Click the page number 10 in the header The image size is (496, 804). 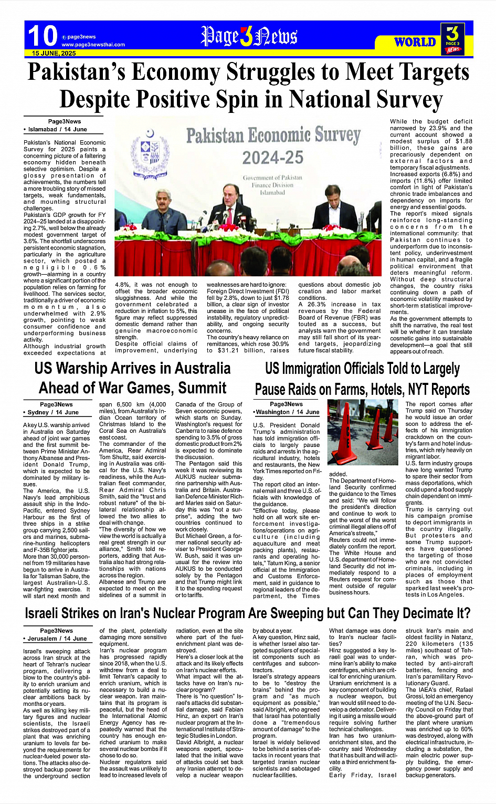point(42,36)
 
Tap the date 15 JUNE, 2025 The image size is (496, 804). point(54,53)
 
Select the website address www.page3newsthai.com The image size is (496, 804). point(93,45)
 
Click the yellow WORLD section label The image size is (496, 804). point(415,42)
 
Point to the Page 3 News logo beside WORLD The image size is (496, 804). point(452,38)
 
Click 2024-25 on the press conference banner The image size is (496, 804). point(273,157)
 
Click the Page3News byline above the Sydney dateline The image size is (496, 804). point(56,404)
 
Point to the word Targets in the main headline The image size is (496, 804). point(424,72)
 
